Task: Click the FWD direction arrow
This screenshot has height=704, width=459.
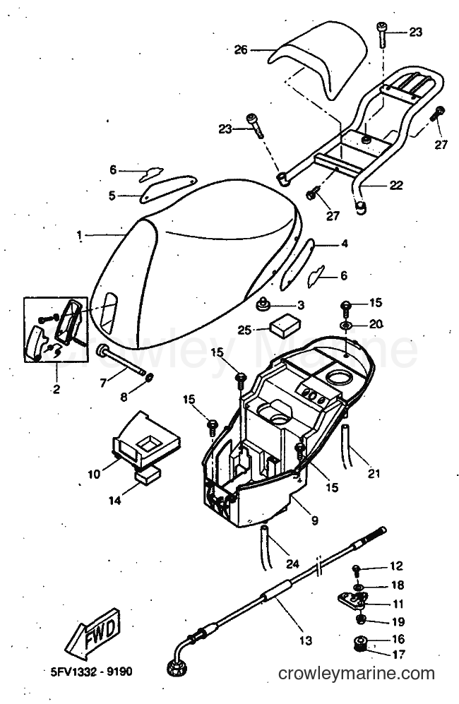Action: (93, 634)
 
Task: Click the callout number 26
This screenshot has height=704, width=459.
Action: (241, 50)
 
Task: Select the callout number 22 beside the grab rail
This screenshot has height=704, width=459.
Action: (395, 185)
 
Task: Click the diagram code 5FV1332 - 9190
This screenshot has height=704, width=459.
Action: (92, 672)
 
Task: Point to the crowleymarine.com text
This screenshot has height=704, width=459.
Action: (357, 674)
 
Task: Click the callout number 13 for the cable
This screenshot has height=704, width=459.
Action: (305, 640)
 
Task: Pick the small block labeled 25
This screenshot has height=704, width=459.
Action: (285, 325)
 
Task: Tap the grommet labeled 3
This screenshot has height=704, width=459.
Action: (262, 304)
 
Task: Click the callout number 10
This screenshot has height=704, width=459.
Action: (94, 474)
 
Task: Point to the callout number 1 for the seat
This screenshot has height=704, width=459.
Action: (79, 235)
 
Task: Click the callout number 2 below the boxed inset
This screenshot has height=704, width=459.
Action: (56, 389)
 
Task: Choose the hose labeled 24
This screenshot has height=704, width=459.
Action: (263, 546)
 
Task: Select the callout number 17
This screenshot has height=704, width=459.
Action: (398, 655)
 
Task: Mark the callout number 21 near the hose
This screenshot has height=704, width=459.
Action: (374, 473)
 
